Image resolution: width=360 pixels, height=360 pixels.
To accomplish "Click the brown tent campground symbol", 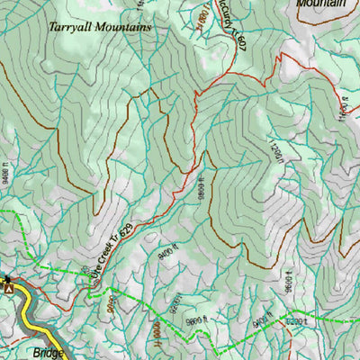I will point(8,288).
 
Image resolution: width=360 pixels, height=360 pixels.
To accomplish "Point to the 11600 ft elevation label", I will point(343,107).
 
